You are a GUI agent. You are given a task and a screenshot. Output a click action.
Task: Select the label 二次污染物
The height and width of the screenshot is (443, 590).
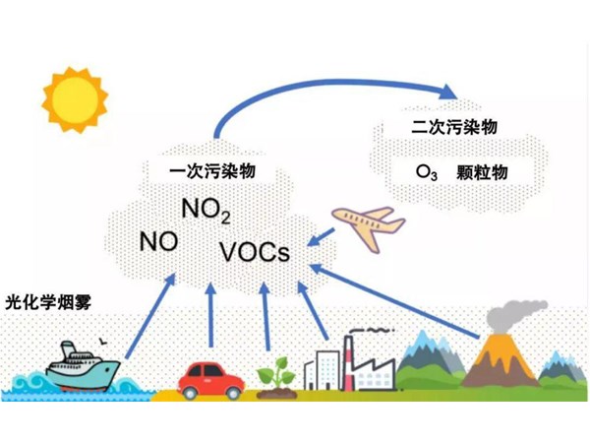(x=454, y=129)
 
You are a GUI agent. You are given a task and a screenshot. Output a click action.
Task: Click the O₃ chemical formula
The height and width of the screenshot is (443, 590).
(x=426, y=172)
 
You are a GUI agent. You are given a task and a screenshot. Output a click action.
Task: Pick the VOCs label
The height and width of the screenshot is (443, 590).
(x=255, y=251)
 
